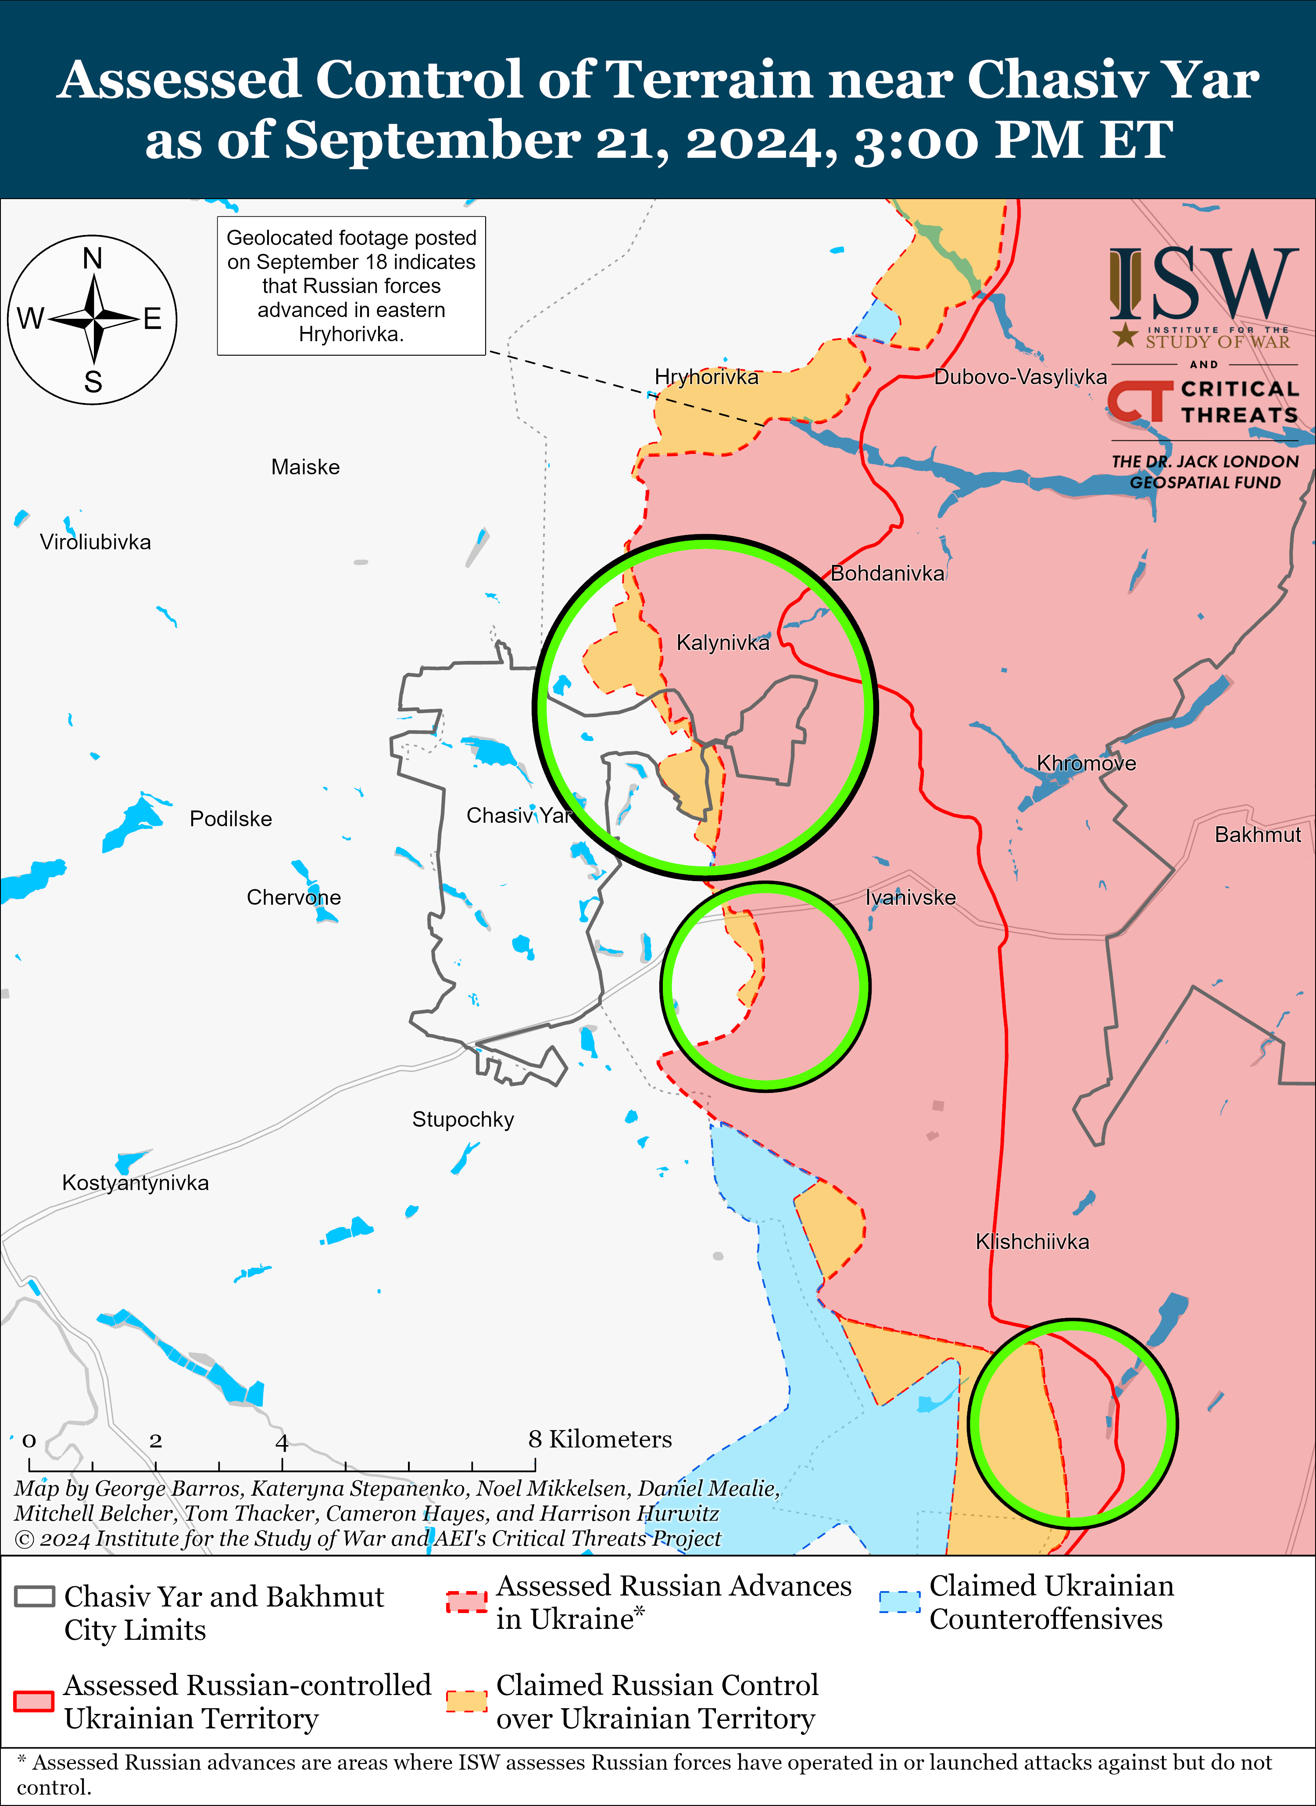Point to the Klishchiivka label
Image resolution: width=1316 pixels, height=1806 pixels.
point(1032,1242)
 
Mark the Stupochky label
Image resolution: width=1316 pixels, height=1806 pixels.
point(463,1120)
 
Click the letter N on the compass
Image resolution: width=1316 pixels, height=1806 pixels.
point(93,259)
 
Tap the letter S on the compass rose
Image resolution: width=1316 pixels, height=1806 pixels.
point(93,382)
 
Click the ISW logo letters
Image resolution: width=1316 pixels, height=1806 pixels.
point(1203,283)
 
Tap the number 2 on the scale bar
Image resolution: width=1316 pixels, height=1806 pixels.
point(155,1441)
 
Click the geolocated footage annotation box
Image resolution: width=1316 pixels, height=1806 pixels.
point(351,286)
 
